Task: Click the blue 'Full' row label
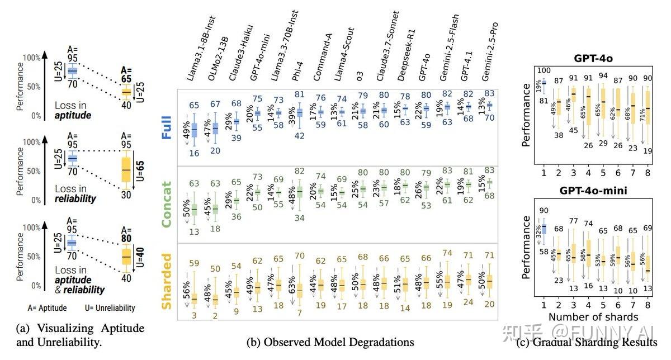coord(167,126)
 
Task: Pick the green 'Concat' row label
coord(167,204)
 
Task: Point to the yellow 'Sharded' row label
coord(167,281)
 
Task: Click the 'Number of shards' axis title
coord(592,318)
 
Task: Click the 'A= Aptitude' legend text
coord(48,307)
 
